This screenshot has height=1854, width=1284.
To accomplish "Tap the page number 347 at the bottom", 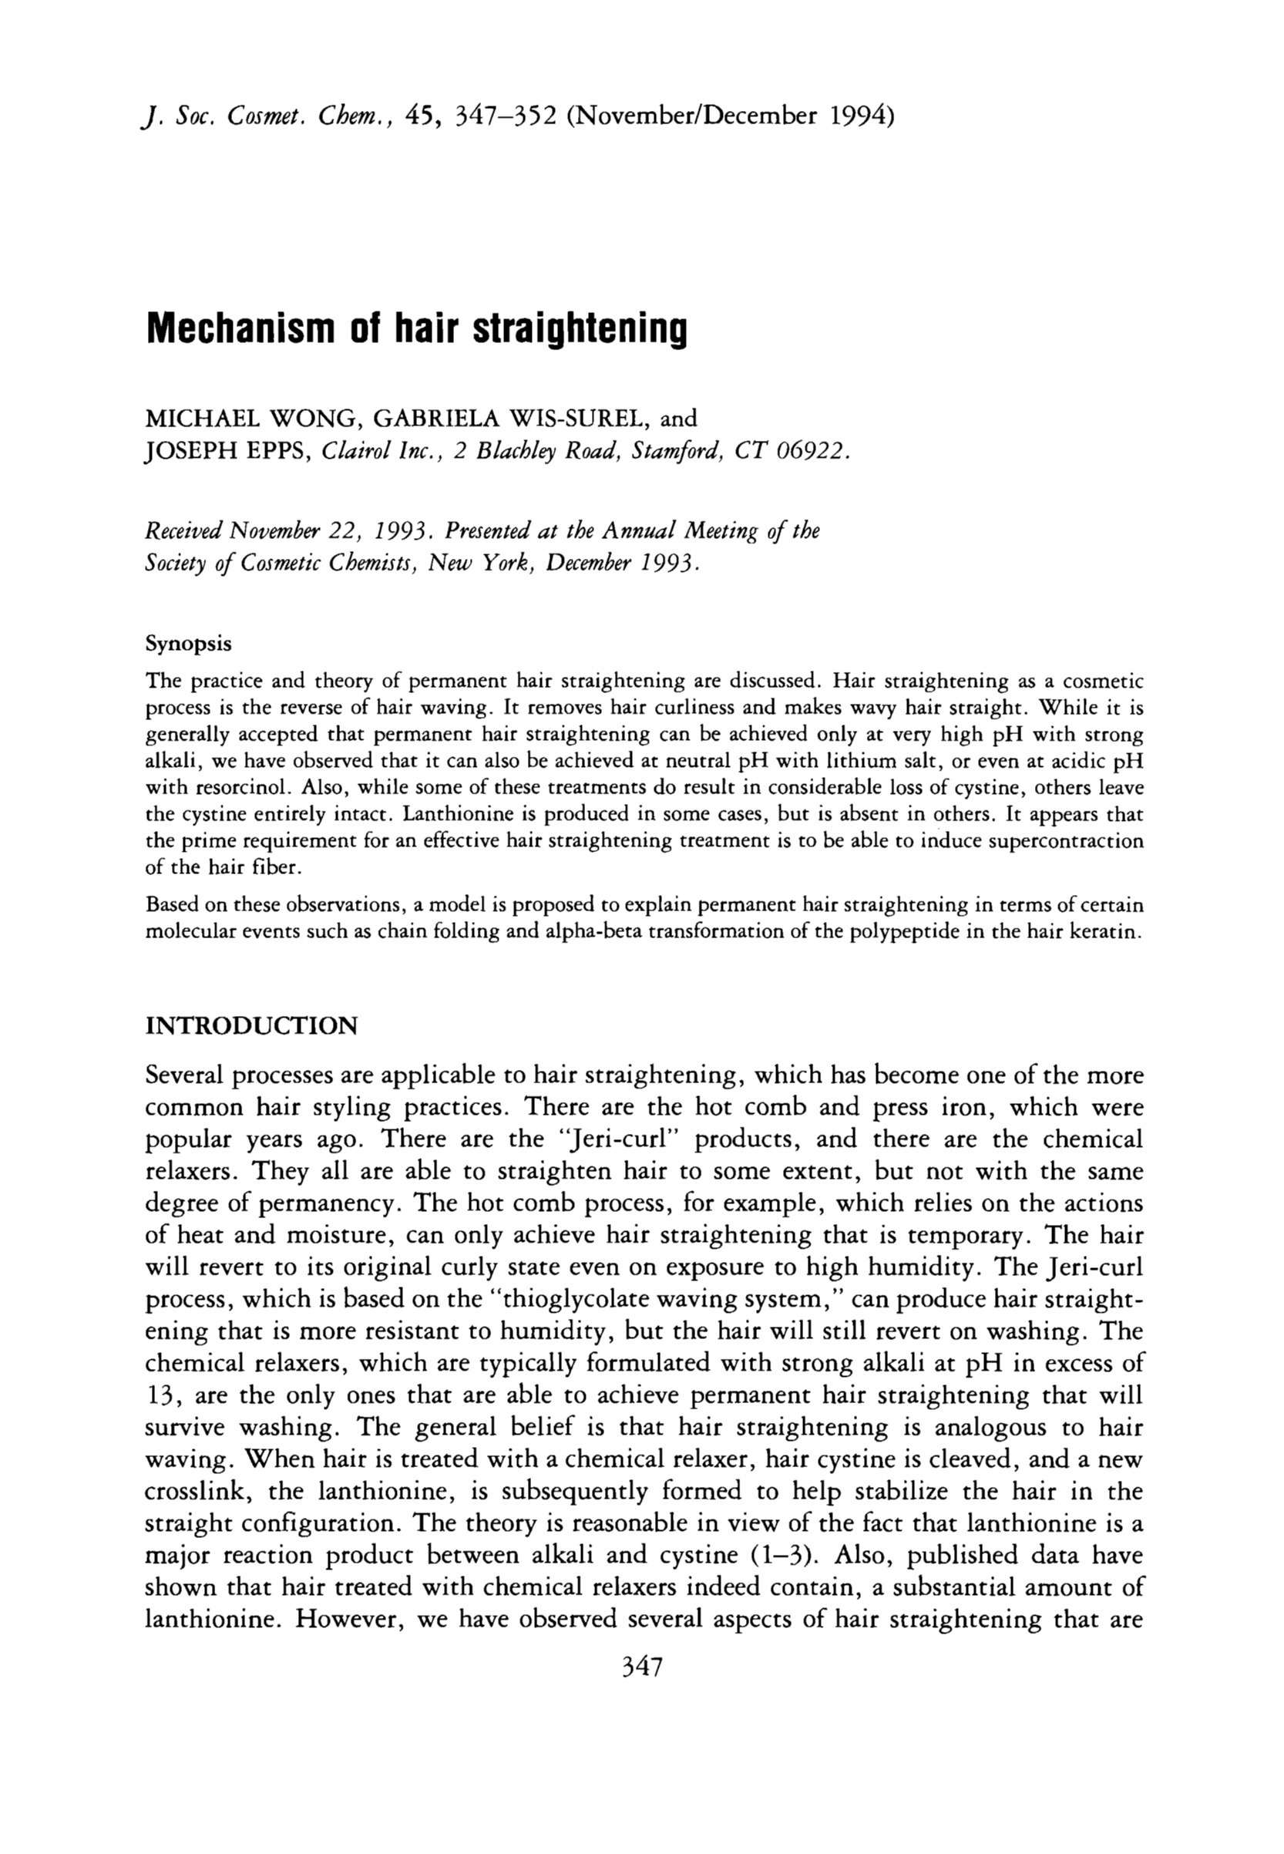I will [x=641, y=1666].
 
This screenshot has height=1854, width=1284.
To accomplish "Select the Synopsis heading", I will [x=188, y=644].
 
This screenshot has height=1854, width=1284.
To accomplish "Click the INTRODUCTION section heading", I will [x=251, y=1026].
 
